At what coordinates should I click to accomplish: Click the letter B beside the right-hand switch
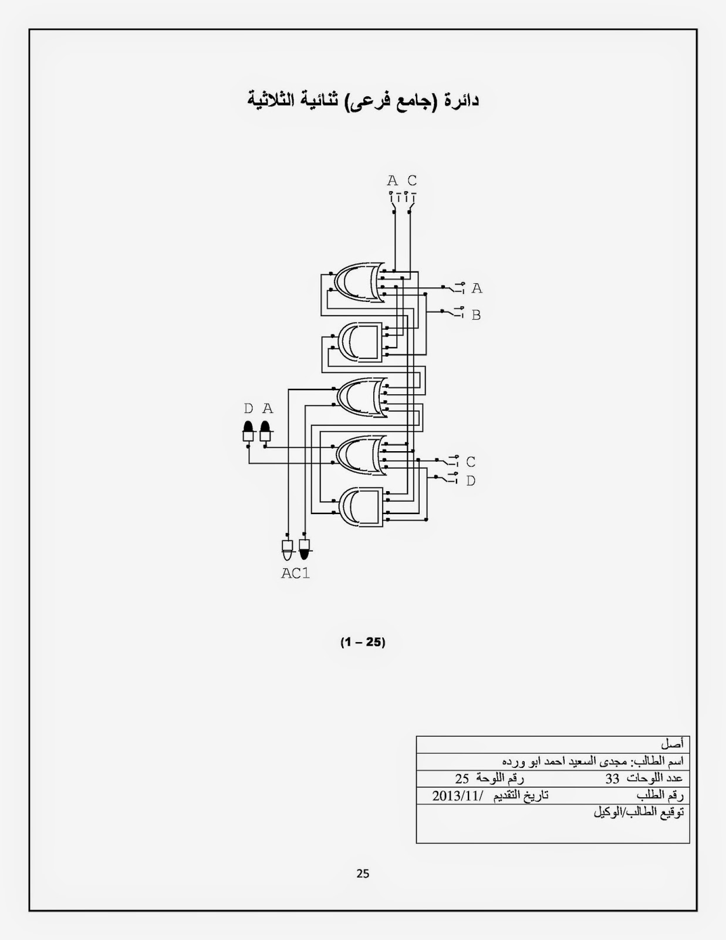tap(476, 315)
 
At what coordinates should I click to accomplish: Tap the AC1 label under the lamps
tap(296, 573)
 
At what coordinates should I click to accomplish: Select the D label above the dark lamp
tap(248, 408)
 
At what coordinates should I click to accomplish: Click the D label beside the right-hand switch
tap(471, 481)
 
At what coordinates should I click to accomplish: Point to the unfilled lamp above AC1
tap(287, 549)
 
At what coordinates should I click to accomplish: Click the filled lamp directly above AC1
tap(305, 549)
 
